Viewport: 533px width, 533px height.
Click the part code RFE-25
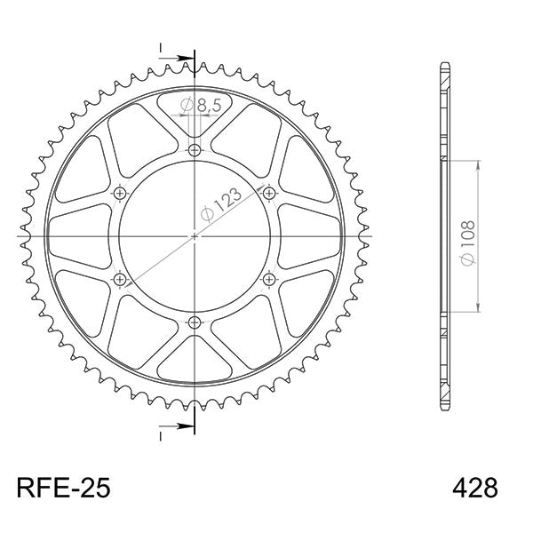(x=63, y=489)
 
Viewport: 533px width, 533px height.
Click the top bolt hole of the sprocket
(x=195, y=149)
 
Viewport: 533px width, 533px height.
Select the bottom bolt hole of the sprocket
(x=195, y=322)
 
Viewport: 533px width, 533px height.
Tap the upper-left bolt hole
(x=120, y=193)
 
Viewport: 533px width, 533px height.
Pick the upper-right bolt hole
(x=269, y=193)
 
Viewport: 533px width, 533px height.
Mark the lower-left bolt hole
(x=120, y=279)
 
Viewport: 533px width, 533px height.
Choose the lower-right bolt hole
(x=269, y=279)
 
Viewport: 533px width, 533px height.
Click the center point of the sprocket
(x=195, y=236)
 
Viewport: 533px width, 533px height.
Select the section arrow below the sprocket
(x=182, y=427)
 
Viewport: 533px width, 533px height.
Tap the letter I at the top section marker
(x=161, y=47)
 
